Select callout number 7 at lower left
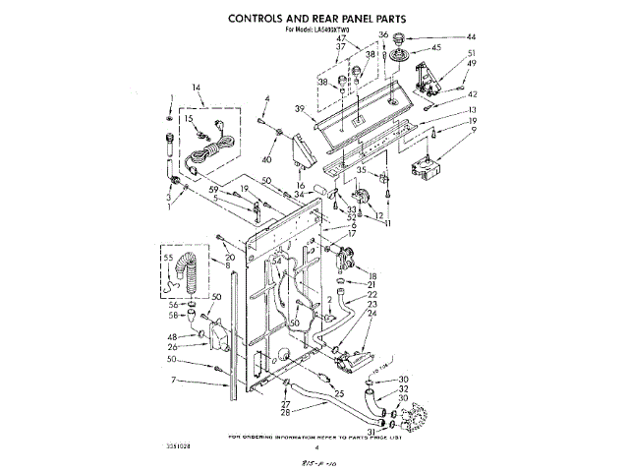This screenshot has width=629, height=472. click(173, 379)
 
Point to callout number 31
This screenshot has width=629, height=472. click(370, 431)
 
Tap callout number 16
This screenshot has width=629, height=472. click(301, 185)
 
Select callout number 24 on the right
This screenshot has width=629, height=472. click(372, 315)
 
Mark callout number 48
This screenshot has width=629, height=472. click(172, 336)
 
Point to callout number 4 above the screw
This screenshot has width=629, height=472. click(265, 97)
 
